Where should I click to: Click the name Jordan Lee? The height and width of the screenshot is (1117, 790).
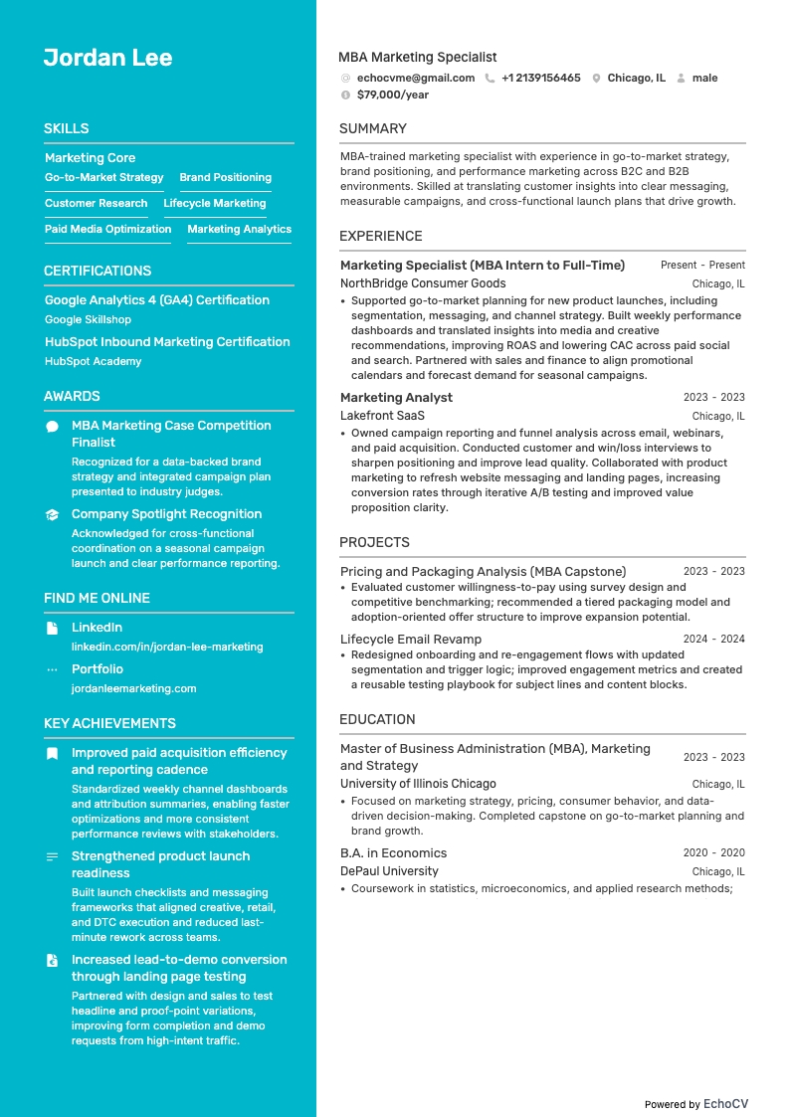(x=107, y=58)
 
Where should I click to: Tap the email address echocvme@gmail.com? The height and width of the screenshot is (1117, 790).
(x=415, y=78)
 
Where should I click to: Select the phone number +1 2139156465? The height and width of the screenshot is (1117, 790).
(x=540, y=78)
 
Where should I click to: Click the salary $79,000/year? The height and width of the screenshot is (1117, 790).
(x=392, y=94)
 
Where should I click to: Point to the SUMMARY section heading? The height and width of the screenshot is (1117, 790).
(x=372, y=128)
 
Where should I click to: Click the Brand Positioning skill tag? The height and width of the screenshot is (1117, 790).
(x=225, y=177)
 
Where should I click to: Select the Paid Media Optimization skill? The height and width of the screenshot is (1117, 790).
(x=107, y=229)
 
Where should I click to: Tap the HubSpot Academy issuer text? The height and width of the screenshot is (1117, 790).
(x=93, y=361)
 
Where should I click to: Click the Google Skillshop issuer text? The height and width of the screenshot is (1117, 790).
(x=88, y=319)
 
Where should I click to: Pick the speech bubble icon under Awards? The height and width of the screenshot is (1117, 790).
(x=52, y=426)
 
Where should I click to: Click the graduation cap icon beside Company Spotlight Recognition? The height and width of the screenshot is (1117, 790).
(x=52, y=514)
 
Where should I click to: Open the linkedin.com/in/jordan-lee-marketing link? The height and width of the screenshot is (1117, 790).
(x=167, y=647)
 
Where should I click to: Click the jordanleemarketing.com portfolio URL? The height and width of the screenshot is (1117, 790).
(x=133, y=688)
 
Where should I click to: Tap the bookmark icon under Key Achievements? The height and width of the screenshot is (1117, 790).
(x=52, y=753)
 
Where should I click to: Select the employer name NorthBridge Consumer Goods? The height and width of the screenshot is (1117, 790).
(x=423, y=283)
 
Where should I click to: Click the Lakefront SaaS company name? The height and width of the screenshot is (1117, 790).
(x=382, y=416)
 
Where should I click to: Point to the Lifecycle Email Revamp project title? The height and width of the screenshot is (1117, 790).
(x=410, y=639)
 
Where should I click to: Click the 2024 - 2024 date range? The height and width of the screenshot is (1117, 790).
(x=713, y=639)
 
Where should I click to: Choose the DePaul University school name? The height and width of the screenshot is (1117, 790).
(x=389, y=871)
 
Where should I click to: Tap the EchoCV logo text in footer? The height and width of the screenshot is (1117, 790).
(x=725, y=1103)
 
